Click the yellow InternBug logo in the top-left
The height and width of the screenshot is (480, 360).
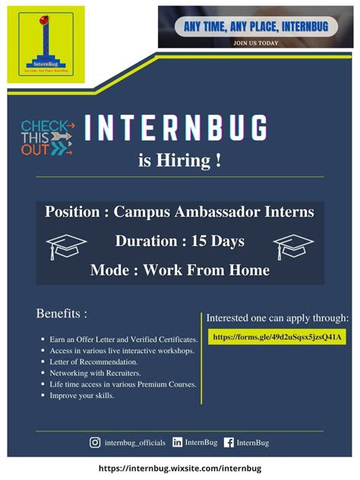coord(45,43)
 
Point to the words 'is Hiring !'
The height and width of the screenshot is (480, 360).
coord(180,161)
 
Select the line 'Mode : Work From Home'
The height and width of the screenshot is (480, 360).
coord(180,270)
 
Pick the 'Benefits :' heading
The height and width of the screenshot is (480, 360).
coord(62,313)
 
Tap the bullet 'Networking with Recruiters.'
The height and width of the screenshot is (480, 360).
coord(96,373)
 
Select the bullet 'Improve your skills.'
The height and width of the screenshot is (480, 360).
coord(82,396)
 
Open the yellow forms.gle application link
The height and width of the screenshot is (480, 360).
coord(277,336)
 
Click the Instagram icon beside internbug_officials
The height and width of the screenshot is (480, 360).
coord(95,442)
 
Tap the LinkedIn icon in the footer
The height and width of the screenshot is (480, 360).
coord(178,442)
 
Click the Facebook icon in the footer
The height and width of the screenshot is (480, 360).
coord(229,442)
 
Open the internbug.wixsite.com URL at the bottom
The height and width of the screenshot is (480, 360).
coord(180,469)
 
